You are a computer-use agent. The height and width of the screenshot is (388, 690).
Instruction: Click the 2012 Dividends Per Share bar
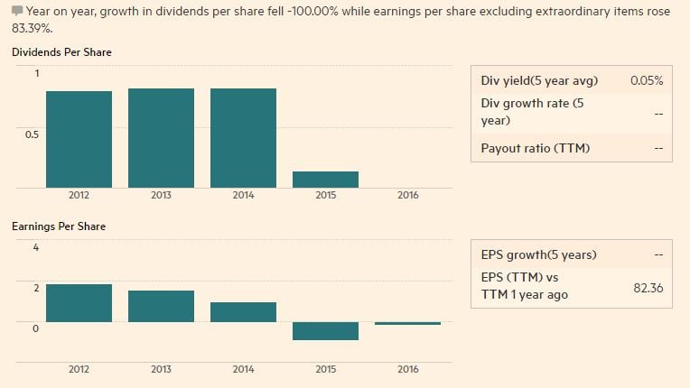(79, 139)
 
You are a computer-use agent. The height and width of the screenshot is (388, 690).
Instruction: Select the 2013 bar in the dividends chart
(161, 138)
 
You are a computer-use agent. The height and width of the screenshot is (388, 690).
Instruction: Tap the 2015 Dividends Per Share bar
(325, 179)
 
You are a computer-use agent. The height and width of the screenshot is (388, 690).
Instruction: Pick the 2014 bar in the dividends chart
(243, 138)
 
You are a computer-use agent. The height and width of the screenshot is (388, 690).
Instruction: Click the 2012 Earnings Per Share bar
(79, 303)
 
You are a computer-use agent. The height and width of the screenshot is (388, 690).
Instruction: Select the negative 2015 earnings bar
(325, 330)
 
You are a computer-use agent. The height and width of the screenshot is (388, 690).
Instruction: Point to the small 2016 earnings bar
(407, 323)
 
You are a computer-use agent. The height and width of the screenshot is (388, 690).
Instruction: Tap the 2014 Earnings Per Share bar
(243, 312)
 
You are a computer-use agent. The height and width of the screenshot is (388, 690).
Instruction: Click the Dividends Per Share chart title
(61, 52)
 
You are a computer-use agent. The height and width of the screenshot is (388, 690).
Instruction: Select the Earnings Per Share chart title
(59, 226)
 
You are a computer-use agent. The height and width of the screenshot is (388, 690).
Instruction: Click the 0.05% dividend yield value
(647, 80)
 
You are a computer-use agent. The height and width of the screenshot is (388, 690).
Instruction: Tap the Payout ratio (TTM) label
(535, 148)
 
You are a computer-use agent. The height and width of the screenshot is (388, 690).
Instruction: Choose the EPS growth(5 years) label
(538, 254)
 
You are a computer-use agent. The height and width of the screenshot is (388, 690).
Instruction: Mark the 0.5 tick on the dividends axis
(33, 134)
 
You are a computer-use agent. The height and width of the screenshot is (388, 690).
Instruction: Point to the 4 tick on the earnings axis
(36, 247)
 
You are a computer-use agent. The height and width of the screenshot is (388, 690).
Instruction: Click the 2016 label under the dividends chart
(407, 195)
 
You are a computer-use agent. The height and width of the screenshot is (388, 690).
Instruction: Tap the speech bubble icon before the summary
(17, 11)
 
